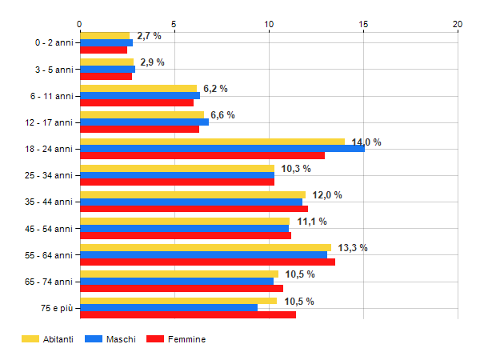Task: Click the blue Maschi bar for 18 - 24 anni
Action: [222, 149]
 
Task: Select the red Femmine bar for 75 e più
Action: [187, 314]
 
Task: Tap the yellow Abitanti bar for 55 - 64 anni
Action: [205, 247]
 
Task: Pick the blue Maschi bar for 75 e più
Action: [168, 307]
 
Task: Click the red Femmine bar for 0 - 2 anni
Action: [103, 50]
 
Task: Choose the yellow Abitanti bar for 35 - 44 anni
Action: [192, 194]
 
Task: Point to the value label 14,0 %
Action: [366, 142]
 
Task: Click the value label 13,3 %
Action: [353, 248]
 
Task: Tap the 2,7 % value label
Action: [150, 36]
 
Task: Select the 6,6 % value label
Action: [222, 115]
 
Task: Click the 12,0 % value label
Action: [327, 194]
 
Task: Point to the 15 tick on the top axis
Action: [363, 24]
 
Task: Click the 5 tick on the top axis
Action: [174, 24]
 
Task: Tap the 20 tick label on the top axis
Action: [458, 24]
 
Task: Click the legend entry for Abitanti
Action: [48, 339]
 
